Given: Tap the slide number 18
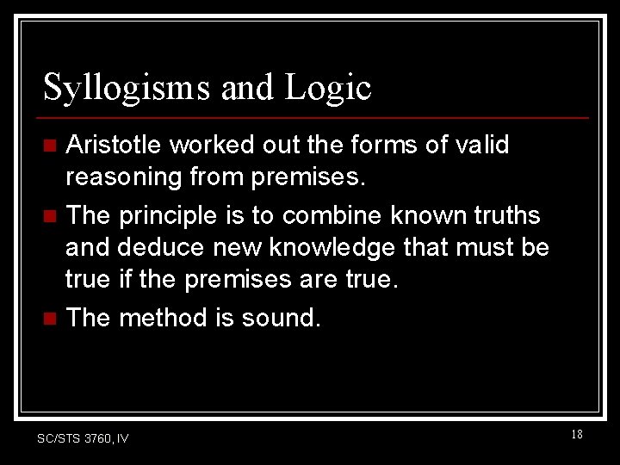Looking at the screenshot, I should (x=576, y=435).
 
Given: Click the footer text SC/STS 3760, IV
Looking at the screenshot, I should (x=83, y=438).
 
